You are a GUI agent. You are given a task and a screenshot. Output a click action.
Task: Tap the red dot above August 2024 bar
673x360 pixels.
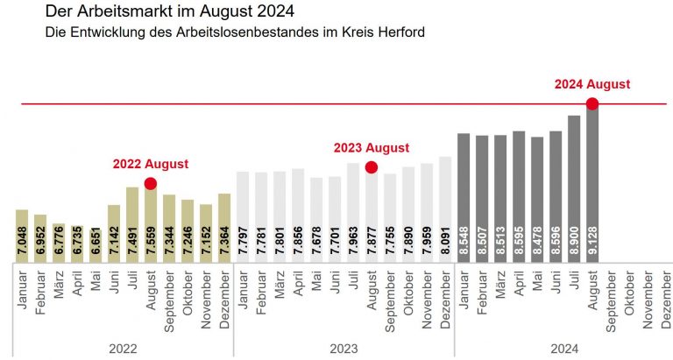pos(592,104)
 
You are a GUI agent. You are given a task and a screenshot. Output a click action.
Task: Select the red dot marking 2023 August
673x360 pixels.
pos(371,166)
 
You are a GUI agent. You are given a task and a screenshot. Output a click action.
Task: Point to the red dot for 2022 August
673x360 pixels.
pos(150,183)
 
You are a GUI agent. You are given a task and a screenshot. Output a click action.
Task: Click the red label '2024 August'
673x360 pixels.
pos(592,85)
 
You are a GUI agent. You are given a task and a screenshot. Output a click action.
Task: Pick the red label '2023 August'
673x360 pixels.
pos(371,148)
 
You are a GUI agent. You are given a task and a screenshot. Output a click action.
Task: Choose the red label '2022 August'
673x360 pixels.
pos(150,164)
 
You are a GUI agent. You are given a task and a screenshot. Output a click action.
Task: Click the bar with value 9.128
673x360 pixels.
pos(592,184)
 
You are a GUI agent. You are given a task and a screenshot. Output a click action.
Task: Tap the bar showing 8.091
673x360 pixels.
pos(444,210)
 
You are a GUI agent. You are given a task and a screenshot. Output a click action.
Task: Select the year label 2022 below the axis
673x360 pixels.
pos(123,349)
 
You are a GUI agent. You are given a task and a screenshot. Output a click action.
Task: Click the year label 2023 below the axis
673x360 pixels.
pos(344,349)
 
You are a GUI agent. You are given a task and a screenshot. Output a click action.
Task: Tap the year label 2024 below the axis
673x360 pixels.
pos(563,349)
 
